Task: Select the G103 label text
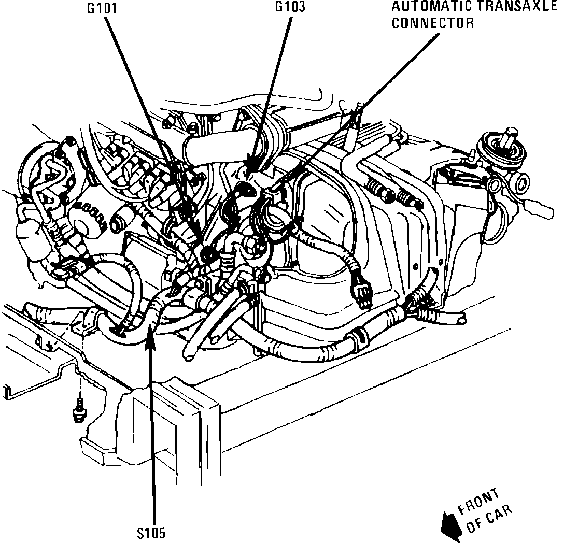290,7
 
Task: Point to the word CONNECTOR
433,23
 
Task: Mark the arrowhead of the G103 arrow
250,169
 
